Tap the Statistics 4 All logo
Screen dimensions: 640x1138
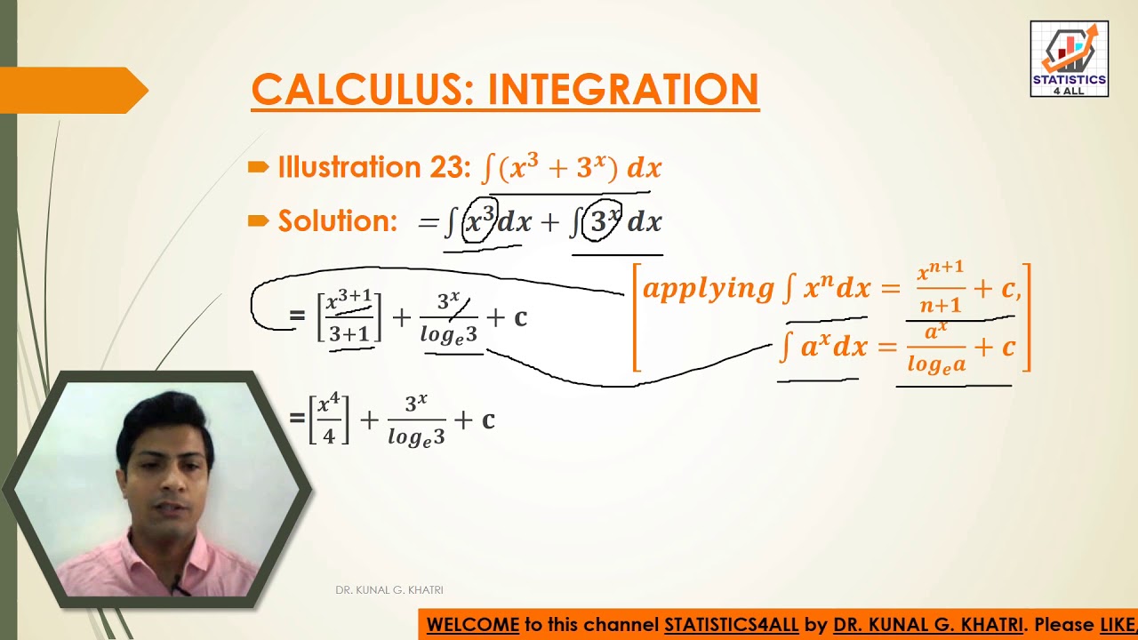point(1069,59)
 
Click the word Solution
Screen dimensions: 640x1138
point(338,221)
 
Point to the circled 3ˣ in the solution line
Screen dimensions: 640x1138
point(602,220)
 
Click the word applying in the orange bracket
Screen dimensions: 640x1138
point(708,288)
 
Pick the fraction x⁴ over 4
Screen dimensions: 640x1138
point(329,420)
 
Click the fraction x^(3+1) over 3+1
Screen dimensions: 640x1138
point(349,316)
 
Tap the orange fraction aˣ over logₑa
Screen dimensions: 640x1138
point(935,348)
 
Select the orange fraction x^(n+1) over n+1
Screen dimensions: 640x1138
point(941,288)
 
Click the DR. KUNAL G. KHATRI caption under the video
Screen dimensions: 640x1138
point(389,590)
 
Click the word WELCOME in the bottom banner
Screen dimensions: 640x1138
point(472,625)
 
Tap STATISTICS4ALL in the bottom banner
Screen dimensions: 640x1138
point(731,625)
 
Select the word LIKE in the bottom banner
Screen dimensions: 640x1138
point(1118,625)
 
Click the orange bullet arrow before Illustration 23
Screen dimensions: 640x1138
point(259,167)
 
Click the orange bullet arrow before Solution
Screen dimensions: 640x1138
point(259,221)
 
